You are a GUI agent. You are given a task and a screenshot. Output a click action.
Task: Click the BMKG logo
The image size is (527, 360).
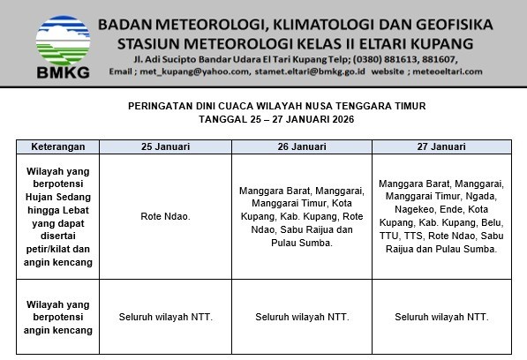[62, 44]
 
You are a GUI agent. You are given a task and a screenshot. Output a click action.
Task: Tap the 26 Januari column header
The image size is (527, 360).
[303, 146]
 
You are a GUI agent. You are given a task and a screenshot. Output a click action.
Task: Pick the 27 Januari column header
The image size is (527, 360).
[441, 146]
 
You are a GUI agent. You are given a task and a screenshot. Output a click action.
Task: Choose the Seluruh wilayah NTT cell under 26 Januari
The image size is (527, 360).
[303, 317]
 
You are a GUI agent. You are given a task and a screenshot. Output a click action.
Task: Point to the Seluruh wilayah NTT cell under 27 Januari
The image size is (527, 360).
[441, 317]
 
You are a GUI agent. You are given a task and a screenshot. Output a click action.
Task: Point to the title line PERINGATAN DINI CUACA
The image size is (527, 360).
[264, 106]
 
